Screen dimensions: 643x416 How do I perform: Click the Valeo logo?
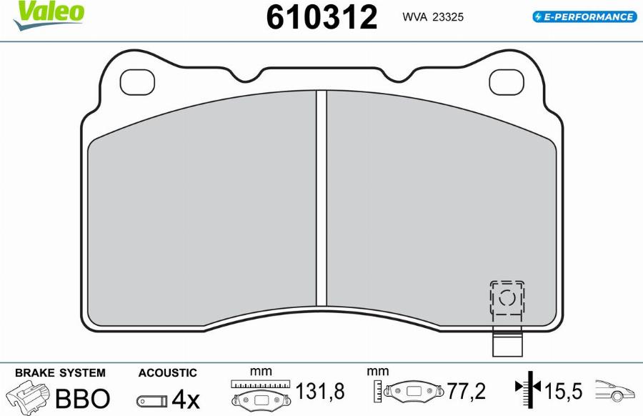point(49,15)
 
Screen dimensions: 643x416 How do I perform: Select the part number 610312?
point(321,17)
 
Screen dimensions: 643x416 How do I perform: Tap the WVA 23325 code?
point(433,17)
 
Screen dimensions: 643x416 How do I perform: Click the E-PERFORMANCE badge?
point(584,17)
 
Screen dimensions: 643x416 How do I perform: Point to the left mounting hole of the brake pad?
point(137,82)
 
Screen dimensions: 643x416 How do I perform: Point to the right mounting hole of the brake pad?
point(507,82)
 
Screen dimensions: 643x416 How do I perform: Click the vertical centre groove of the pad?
point(321,198)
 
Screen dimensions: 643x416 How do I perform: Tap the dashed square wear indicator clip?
point(507,298)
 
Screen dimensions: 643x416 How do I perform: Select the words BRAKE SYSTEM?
point(60,372)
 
